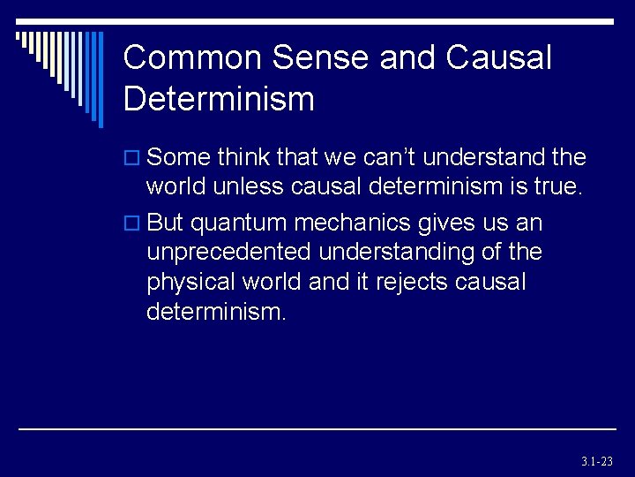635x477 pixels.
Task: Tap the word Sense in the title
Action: (321, 58)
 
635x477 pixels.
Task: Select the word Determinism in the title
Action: (219, 99)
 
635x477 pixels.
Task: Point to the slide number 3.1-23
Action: (596, 461)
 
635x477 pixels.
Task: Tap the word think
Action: (243, 158)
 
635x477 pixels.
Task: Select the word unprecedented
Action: (228, 253)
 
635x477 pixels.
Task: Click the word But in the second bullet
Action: (166, 222)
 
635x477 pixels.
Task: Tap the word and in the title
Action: (409, 58)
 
